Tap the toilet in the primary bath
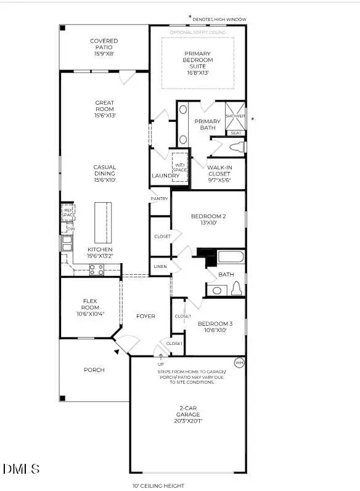tap(237, 148)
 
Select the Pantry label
tap(160, 198)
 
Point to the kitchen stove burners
tap(96, 269)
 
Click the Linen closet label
tap(160, 266)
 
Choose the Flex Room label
tap(90, 305)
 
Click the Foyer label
tap(145, 316)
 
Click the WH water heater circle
tap(239, 363)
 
